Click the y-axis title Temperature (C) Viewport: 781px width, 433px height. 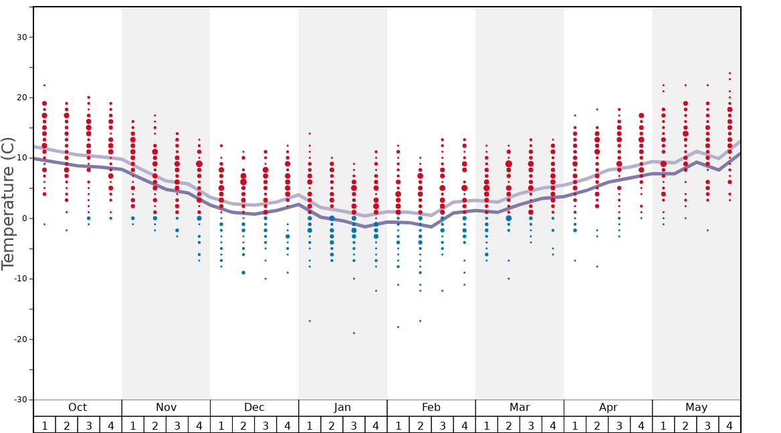(x=8, y=203)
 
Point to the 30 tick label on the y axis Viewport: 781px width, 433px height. (x=21, y=37)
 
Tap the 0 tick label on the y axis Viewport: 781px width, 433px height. (x=23, y=219)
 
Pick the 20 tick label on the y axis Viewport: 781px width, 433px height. (x=21, y=98)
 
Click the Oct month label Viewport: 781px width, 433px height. (x=78, y=408)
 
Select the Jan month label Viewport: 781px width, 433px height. (x=342, y=408)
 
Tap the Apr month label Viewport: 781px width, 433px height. (x=608, y=408)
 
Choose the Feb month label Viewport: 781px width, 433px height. (x=431, y=408)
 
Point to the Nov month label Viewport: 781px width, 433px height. (x=166, y=408)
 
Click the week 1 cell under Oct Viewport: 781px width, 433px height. (x=45, y=425)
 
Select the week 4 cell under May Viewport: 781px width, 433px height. (x=730, y=425)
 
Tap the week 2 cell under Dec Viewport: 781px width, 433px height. (x=243, y=425)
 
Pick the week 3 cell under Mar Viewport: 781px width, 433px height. (x=531, y=425)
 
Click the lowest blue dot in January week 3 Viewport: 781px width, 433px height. (x=354, y=333)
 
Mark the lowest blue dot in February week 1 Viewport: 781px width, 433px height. (x=398, y=327)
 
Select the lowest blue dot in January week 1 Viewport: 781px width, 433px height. (x=310, y=321)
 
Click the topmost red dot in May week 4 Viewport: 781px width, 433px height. (x=730, y=73)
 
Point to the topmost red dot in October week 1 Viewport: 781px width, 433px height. (x=45, y=85)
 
